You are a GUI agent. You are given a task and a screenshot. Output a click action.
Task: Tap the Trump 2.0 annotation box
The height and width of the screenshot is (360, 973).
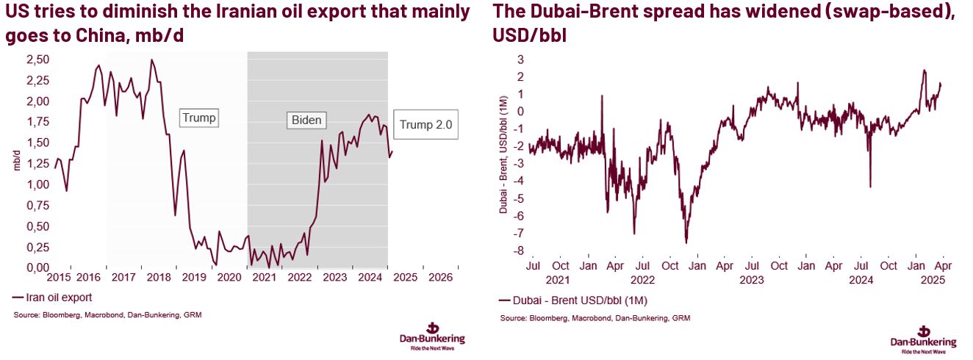tap(426, 125)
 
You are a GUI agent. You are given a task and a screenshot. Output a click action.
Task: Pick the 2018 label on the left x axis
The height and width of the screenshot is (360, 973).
tap(157, 278)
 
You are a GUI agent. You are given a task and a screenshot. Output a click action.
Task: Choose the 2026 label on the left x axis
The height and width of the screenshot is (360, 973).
tap(440, 278)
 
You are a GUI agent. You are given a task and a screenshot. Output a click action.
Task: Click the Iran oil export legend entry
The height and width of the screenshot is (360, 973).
tap(53, 298)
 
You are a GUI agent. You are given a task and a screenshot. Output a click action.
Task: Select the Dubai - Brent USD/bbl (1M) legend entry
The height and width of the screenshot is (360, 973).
tap(573, 300)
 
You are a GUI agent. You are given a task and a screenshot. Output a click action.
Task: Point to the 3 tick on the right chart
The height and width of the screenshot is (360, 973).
tap(519, 59)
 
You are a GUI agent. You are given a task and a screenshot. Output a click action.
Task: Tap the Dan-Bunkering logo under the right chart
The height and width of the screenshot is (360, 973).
tap(923, 337)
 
